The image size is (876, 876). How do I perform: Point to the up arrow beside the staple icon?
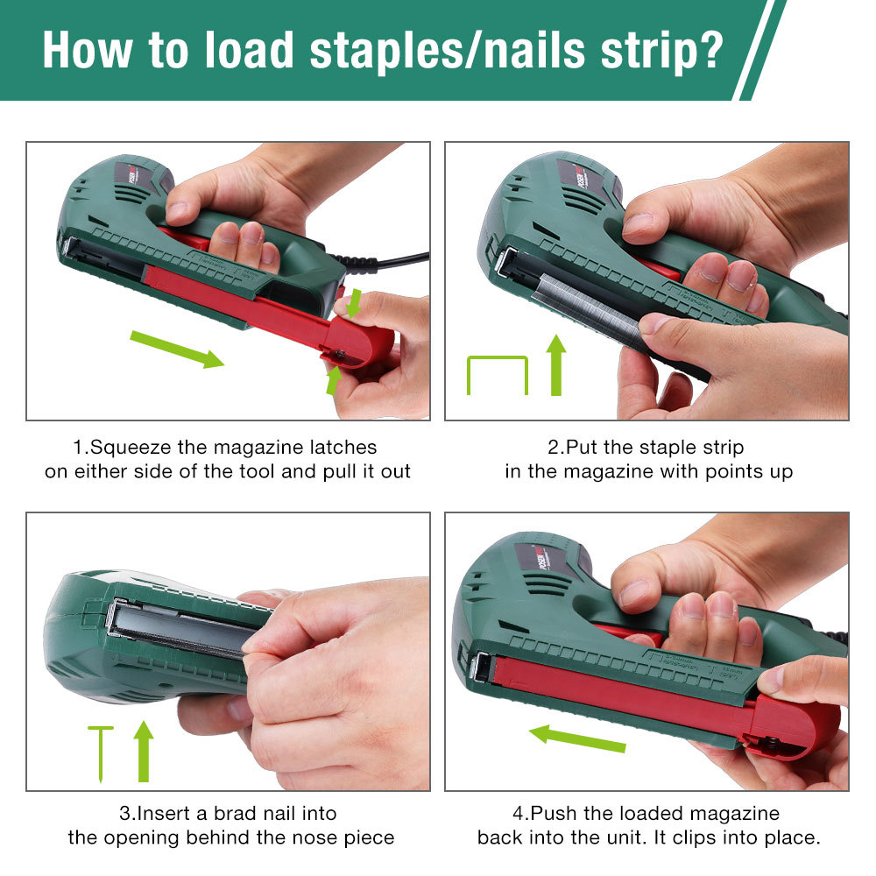click(x=556, y=365)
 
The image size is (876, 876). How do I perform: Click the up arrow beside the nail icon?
click(x=144, y=752)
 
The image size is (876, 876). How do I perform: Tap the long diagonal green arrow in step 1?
click(x=177, y=350)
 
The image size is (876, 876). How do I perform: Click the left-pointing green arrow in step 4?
click(x=577, y=738)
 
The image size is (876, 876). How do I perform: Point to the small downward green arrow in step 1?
click(x=353, y=303)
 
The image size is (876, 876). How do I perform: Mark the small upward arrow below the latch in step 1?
click(x=334, y=380)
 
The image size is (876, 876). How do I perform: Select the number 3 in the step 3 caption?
click(x=124, y=814)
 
